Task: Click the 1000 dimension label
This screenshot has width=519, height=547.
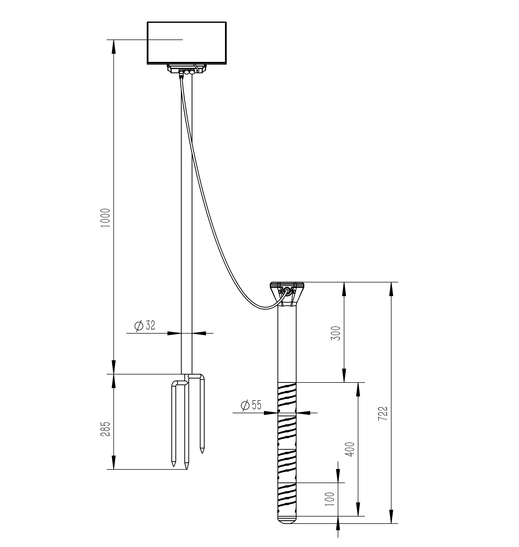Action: point(105,218)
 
